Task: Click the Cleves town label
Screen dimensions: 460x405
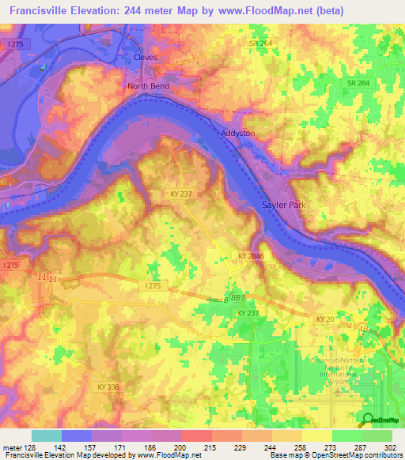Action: click(145, 58)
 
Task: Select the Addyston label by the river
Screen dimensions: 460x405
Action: click(238, 134)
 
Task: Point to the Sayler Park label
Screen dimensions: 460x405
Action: click(283, 205)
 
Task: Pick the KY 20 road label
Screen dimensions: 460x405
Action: click(325, 318)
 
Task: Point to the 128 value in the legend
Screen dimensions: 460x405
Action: click(30, 447)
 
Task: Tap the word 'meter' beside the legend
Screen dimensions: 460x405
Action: click(11, 447)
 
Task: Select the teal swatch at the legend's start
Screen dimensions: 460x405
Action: click(46, 435)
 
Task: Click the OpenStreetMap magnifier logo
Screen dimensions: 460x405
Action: click(369, 420)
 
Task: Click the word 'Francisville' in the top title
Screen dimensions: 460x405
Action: click(42, 11)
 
